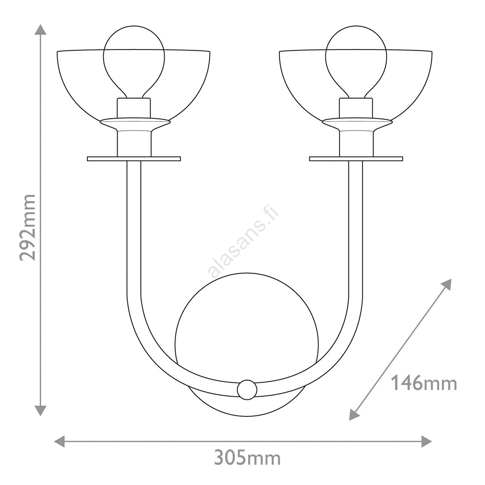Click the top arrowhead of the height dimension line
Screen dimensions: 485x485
pos(40,30)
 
